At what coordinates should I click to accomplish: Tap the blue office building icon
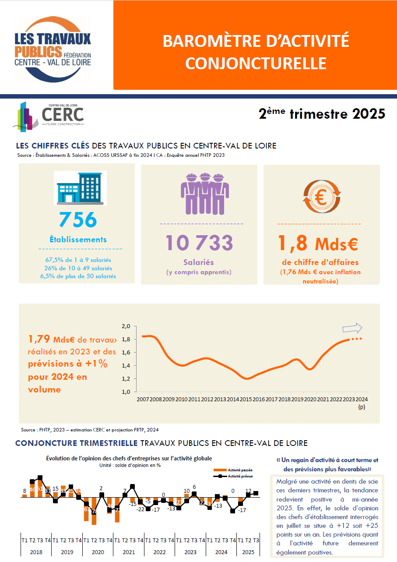coord(80,188)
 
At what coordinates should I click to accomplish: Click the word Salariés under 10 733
coord(199,262)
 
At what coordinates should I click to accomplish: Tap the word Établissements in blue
coord(78,240)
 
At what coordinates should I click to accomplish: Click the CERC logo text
coord(63,114)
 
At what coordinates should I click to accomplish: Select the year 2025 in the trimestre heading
coord(369,114)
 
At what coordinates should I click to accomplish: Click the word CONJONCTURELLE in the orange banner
coord(256,63)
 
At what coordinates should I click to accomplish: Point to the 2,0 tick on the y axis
coord(126,326)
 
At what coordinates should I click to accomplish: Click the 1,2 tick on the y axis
coord(126,379)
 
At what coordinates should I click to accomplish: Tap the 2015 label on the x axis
coord(246,399)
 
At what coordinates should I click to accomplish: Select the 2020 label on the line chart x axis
coord(310,399)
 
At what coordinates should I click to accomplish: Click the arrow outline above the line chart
coord(352,328)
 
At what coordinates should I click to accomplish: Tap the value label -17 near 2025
coord(242,510)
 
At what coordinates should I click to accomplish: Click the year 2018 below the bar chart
coord(36,552)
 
